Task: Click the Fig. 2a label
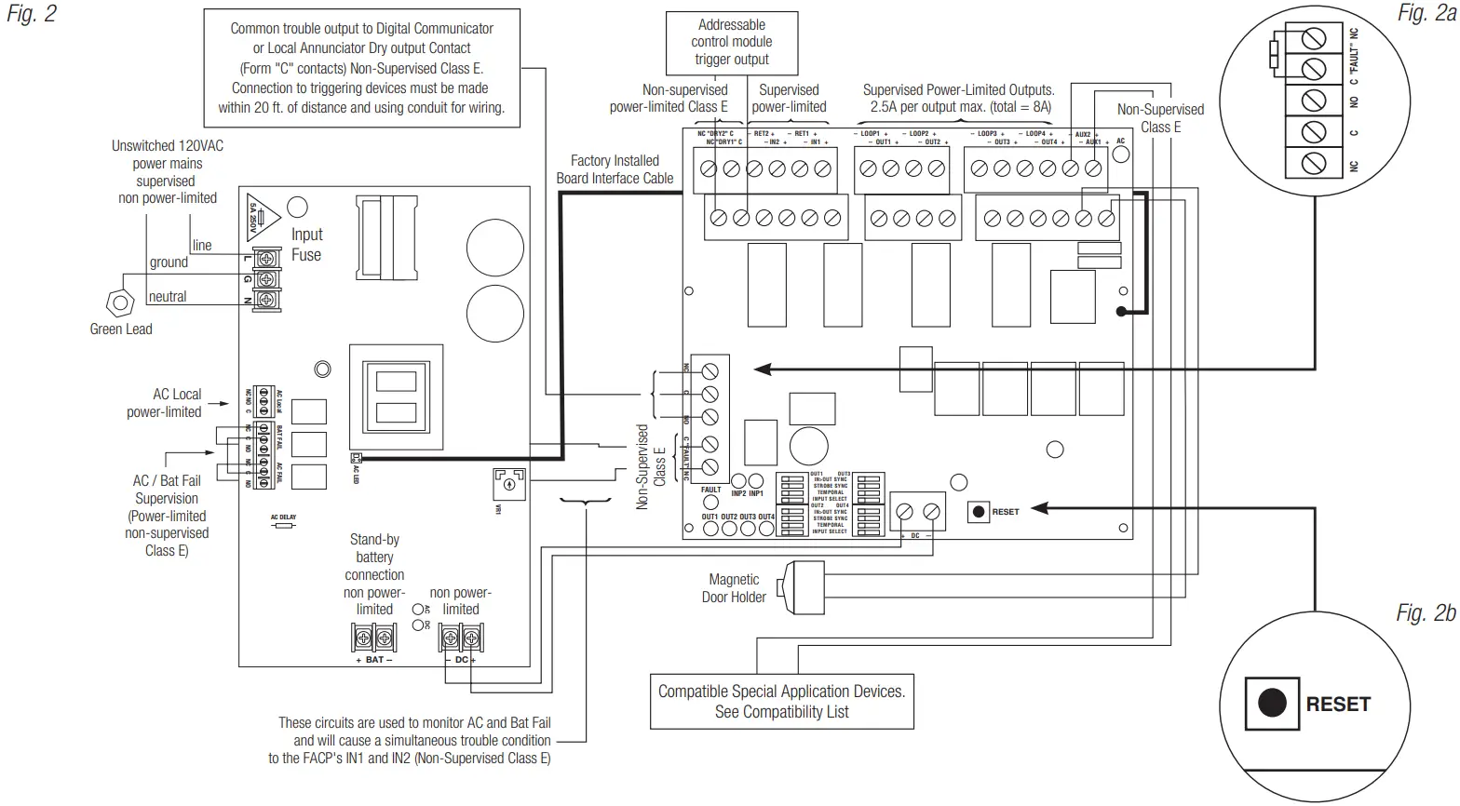(x=1426, y=13)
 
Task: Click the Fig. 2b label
(x=1425, y=613)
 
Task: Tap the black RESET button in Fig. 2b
(x=1272, y=703)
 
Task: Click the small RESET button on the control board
(x=979, y=511)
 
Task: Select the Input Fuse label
(x=306, y=245)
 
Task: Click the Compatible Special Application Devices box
(x=781, y=702)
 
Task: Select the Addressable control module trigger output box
(x=731, y=42)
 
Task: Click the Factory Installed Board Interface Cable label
(x=615, y=169)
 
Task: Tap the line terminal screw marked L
(x=268, y=257)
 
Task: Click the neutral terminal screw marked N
(x=268, y=300)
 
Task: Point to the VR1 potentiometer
(x=508, y=485)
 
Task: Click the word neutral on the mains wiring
(x=168, y=297)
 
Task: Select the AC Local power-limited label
(x=165, y=403)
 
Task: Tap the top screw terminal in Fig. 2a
(x=1313, y=39)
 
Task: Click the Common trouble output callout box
(x=361, y=68)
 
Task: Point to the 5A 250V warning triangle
(x=260, y=217)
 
